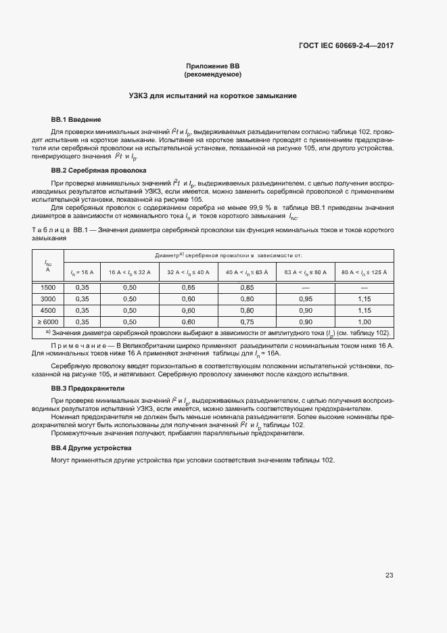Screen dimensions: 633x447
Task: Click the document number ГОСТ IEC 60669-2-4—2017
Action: [346, 46]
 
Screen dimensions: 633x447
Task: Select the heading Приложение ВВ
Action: [212, 66]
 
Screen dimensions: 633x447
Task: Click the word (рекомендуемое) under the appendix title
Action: [212, 74]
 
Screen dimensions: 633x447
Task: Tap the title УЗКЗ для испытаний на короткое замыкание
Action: [212, 96]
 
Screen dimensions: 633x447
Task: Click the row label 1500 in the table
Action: [48, 287]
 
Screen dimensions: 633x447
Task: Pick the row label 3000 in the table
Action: [48, 299]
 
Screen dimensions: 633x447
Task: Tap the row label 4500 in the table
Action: [48, 310]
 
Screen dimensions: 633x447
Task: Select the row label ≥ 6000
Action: [48, 322]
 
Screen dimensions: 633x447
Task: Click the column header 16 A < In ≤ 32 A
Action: [130, 271]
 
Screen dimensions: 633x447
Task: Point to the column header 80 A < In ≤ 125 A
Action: [364, 271]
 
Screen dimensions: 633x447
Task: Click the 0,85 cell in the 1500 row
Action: [247, 287]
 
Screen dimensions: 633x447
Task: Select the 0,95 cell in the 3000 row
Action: [306, 299]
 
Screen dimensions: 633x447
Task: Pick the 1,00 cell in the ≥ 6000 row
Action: [364, 322]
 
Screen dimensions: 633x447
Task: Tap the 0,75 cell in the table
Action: [247, 322]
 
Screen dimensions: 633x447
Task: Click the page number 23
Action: [389, 575]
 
